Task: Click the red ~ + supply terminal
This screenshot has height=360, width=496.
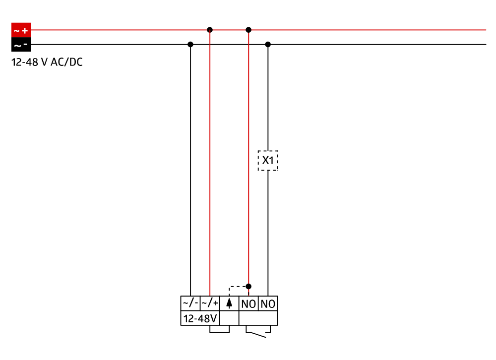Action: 21,30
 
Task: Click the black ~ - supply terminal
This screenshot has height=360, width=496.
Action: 21,45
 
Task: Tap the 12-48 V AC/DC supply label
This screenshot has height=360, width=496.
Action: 47,62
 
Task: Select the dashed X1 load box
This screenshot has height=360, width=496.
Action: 268,161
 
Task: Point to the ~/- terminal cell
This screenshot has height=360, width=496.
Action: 190,303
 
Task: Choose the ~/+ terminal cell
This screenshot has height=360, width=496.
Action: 210,303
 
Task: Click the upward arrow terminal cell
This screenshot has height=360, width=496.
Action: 229,303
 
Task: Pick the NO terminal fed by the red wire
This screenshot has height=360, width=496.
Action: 248,303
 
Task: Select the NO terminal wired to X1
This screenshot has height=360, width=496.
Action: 268,303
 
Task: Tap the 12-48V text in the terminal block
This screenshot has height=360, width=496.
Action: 200,318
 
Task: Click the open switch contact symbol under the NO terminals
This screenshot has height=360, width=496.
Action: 258,332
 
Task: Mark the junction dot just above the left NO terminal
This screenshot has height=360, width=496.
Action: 248,287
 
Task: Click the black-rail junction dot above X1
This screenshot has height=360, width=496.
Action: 268,45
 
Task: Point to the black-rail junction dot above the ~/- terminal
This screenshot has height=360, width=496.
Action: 190,45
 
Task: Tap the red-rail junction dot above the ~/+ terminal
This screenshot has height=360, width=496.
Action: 210,30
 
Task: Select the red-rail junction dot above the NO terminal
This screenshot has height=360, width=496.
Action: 248,30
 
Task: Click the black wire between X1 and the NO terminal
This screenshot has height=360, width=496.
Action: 268,234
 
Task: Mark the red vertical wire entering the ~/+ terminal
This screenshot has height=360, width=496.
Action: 210,163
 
